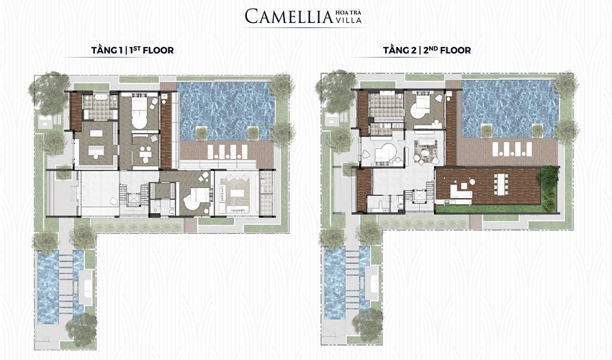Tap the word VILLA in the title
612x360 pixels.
(348, 20)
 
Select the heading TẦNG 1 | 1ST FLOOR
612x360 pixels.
(132, 50)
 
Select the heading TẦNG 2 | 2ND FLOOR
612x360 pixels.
(427, 50)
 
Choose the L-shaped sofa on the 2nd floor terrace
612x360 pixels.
(460, 190)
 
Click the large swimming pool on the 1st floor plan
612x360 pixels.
(225, 110)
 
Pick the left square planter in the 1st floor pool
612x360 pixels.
(202, 133)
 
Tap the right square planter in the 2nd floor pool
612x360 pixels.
(537, 131)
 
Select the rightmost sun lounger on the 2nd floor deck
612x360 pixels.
(528, 149)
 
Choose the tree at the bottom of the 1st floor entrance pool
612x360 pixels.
(81, 327)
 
